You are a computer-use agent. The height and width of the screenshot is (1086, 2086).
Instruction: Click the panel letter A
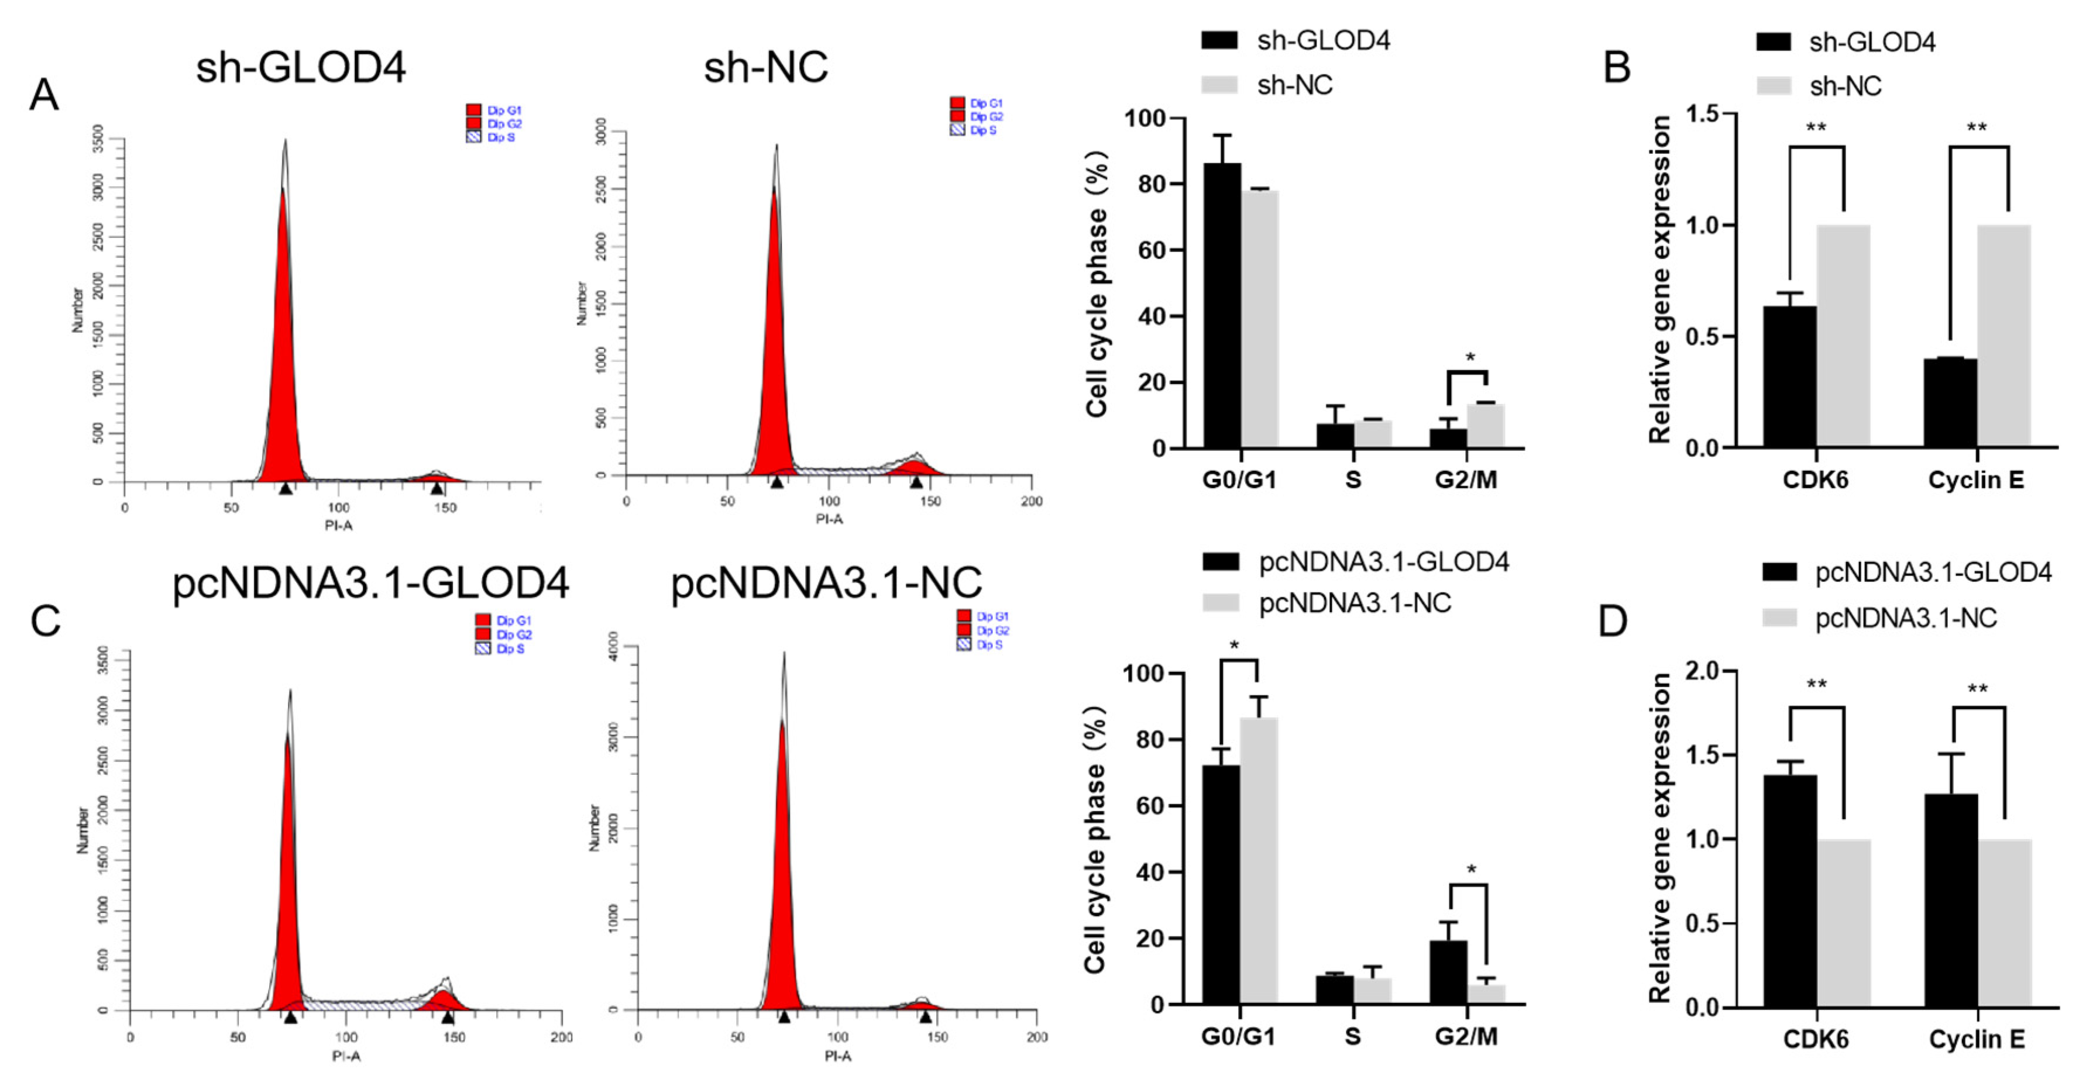tap(44, 95)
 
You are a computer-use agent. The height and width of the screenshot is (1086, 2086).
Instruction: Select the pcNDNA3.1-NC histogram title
tap(826, 582)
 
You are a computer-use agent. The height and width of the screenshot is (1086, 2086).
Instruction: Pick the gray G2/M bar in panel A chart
tap(1486, 426)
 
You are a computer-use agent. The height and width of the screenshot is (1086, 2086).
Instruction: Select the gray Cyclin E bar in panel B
tap(2003, 336)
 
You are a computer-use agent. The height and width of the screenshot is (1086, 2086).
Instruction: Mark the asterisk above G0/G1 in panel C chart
tap(1234, 646)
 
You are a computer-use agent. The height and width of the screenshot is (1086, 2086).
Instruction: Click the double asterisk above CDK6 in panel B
tap(1816, 128)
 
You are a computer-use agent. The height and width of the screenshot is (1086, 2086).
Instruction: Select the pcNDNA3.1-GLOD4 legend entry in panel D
tap(1907, 573)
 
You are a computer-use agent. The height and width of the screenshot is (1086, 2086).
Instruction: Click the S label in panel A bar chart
tap(1353, 480)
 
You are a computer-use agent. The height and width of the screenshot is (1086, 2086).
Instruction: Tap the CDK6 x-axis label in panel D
tap(1816, 1039)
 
